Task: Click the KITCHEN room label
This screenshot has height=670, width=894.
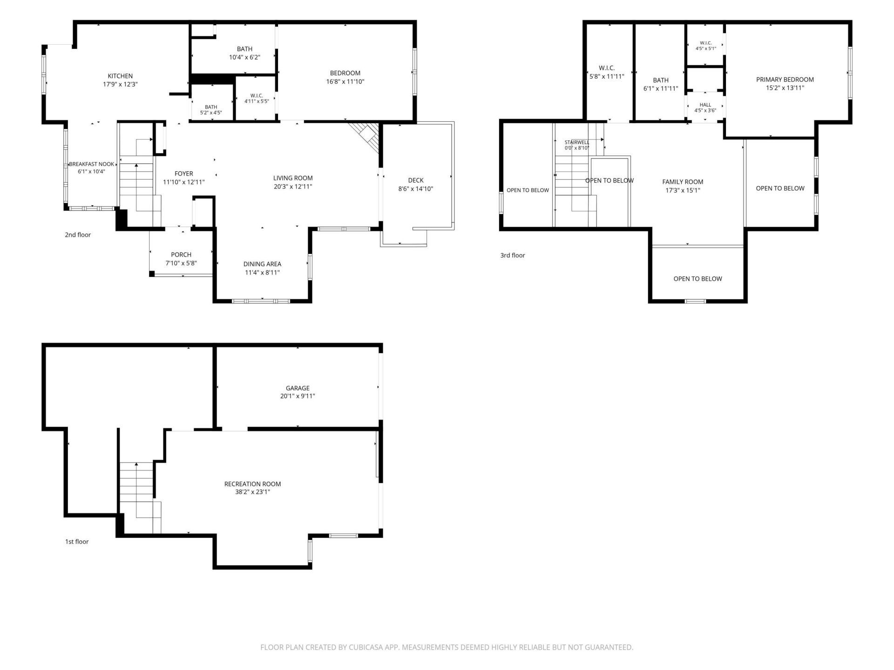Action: (120, 76)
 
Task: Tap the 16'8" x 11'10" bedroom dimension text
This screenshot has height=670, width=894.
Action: (345, 81)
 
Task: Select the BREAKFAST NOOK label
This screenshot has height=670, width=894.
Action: (92, 164)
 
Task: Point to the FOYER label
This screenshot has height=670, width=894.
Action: (184, 174)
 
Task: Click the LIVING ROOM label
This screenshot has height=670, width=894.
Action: (293, 178)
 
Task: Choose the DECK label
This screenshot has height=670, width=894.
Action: (416, 180)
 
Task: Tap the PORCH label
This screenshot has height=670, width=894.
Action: (181, 255)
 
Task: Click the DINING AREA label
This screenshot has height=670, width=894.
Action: (262, 264)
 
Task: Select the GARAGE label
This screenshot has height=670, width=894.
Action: (298, 388)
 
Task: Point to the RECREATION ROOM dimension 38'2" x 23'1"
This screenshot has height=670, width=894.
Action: (252, 492)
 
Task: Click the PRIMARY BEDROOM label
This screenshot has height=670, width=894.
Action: (785, 80)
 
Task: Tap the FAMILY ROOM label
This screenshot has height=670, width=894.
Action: (683, 182)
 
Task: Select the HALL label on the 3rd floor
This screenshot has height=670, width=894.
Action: (705, 105)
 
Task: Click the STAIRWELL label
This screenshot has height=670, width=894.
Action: (577, 142)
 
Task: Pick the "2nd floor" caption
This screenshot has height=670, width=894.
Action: (78, 234)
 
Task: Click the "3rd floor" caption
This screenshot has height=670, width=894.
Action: (513, 255)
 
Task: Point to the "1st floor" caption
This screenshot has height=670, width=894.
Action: (77, 542)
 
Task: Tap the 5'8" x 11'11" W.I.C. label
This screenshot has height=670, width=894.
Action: (607, 76)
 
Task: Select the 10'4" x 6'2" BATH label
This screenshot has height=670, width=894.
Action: (244, 57)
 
